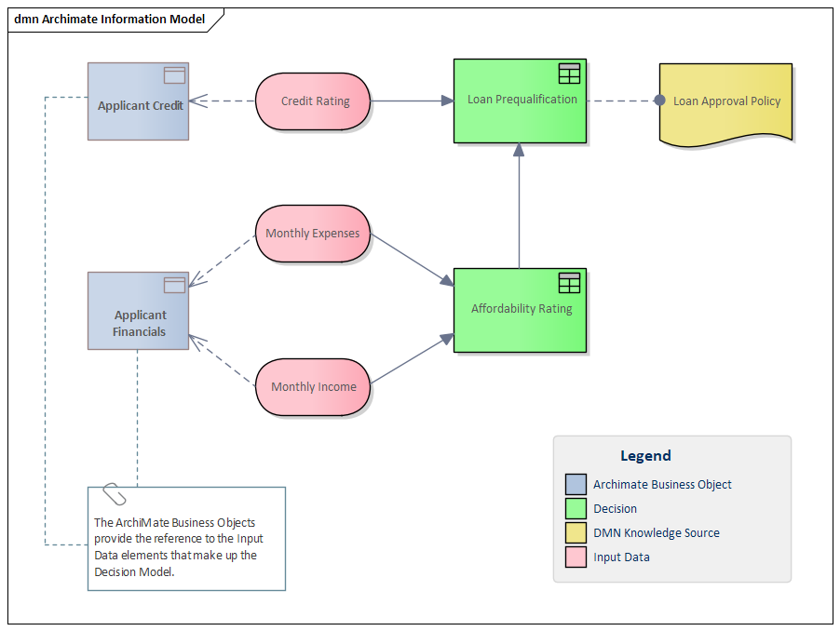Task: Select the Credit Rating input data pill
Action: (314, 101)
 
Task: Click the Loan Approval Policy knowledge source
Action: (726, 101)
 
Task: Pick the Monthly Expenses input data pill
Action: (313, 234)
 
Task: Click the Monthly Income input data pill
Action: (313, 386)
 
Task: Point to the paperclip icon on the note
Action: (114, 494)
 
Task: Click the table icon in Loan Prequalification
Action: (569, 74)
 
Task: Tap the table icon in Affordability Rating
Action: (569, 283)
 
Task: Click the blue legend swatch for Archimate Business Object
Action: (576, 485)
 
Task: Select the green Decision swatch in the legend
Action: (576, 509)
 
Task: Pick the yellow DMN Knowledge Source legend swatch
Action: (576, 533)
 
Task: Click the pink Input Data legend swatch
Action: (576, 557)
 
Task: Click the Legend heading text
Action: (645, 456)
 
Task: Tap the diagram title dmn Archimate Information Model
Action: (109, 20)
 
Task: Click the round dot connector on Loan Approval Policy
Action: (659, 101)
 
